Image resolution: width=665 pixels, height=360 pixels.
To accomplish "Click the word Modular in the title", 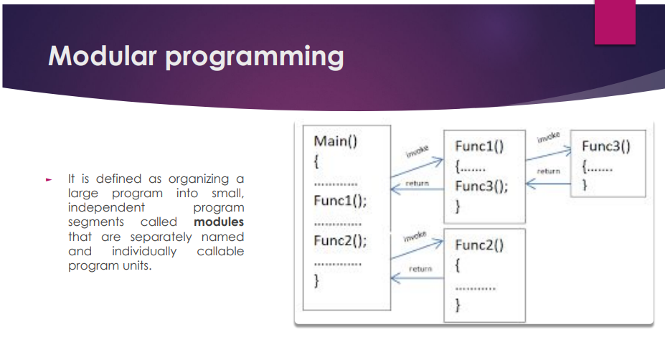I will coord(103,56).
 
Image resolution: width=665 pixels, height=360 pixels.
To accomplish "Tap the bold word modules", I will coord(219,222).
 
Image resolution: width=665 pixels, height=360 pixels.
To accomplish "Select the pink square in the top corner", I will coord(615,22).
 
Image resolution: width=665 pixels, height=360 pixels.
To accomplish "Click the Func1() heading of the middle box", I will coord(479,147).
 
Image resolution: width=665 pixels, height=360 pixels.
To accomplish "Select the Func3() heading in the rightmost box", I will coord(605,147).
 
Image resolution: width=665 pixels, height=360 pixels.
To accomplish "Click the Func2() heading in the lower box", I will coord(479,245).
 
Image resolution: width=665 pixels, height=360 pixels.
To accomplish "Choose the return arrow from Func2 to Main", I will coord(416,275).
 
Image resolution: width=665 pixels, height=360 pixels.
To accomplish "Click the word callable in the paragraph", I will coord(220,251).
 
